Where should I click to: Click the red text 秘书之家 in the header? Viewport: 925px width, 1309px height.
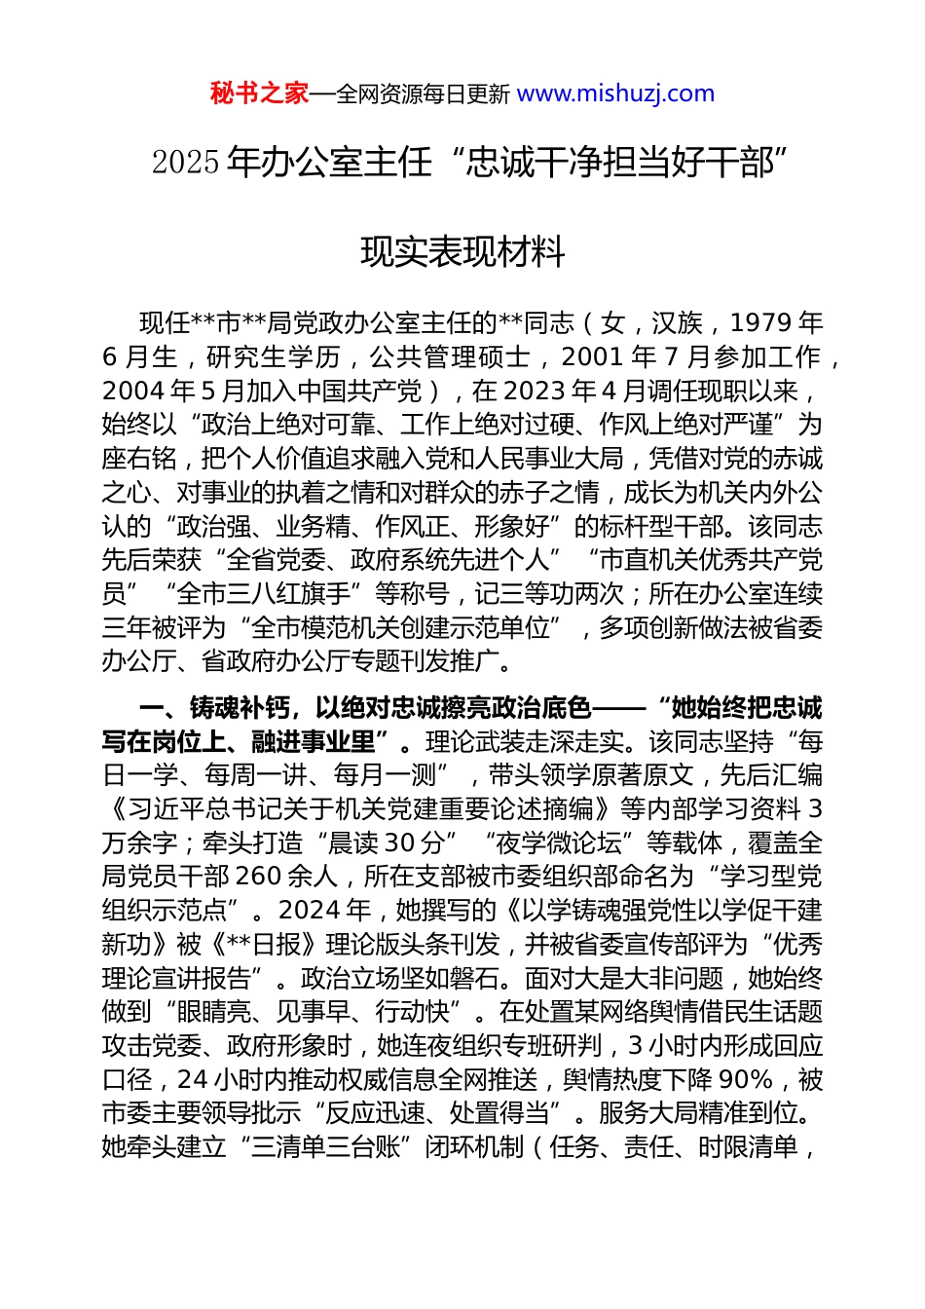[x=259, y=93]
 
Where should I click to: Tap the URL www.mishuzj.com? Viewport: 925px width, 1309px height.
[x=615, y=93]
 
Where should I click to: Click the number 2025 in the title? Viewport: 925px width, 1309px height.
[x=185, y=163]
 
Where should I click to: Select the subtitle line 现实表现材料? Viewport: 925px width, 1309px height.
[x=462, y=252]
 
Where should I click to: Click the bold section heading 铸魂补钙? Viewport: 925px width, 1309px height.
[x=238, y=708]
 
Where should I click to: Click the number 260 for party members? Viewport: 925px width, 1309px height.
[x=258, y=877]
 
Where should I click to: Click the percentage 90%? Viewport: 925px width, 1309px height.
[x=745, y=1080]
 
